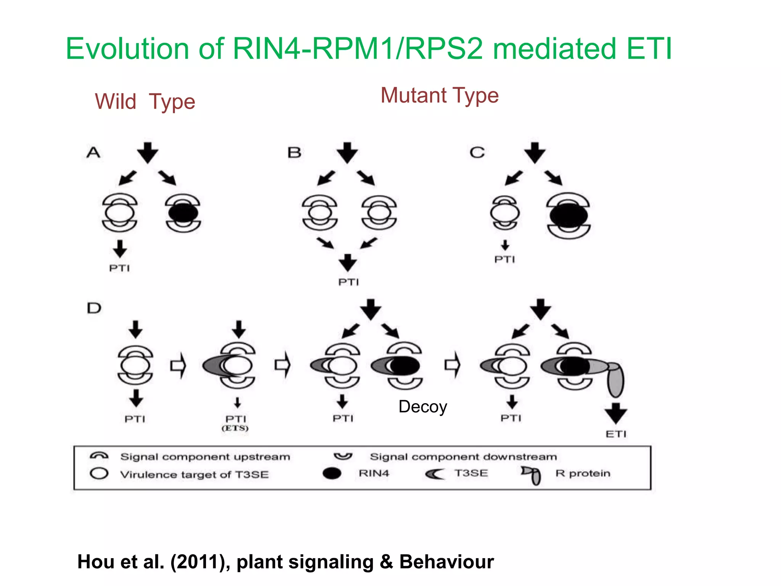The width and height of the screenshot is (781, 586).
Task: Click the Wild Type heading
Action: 145,102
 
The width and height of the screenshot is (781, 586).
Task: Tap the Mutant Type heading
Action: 439,95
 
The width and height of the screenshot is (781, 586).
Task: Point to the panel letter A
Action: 93,153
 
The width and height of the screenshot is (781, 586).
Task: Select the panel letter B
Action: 294,153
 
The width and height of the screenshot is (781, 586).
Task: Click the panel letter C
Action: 477,153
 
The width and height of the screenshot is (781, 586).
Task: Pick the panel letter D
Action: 94,308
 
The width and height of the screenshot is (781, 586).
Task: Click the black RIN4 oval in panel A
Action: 183,213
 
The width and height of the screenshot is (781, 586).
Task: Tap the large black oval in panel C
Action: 569,216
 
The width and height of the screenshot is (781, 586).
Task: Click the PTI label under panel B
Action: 349,282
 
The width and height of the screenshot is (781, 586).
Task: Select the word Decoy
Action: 423,407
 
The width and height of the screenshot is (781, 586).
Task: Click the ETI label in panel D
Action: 616,434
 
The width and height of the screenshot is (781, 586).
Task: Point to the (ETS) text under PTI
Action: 235,428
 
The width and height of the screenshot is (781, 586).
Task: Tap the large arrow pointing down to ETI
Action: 615,413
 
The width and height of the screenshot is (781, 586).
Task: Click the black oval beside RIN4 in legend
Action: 332,473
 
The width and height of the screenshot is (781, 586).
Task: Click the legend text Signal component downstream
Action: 463,457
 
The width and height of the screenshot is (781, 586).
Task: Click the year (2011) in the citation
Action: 200,562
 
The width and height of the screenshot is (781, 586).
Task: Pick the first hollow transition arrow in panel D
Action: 178,366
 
